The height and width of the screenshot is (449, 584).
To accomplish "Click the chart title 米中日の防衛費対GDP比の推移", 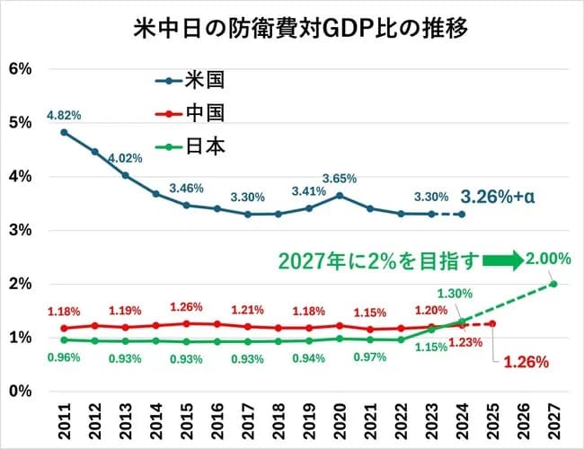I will pos(291,26).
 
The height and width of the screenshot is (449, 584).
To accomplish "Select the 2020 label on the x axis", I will pos(339,420).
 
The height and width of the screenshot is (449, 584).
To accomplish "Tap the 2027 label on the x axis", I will pos(553,420).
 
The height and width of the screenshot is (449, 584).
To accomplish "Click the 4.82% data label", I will pos(64,115).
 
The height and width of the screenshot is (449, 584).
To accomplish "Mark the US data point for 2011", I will pos(64,132).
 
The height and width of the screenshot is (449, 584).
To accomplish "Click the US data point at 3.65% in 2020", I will pos(339,195).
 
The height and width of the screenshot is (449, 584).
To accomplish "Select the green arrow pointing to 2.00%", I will pos(506,261).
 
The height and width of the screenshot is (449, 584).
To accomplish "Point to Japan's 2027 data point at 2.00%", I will pos(553,284).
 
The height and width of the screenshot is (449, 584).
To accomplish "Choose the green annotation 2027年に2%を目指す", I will pos(378,261).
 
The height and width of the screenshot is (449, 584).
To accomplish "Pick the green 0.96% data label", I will pos(64,357).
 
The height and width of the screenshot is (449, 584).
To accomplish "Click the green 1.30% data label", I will pos(456,293).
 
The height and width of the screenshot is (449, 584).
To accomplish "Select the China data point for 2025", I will pos(491,323).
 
